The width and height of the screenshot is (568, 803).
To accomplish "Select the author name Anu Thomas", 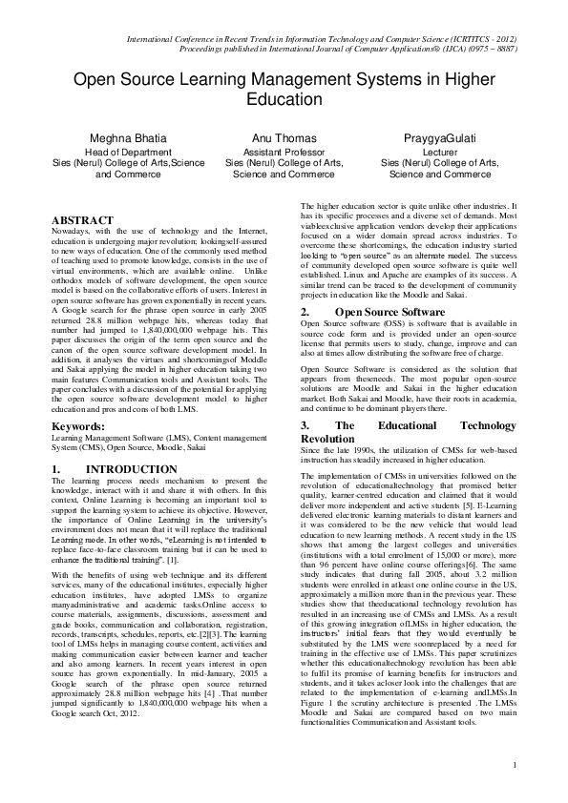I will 284,138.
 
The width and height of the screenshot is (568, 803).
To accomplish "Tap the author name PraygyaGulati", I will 438,138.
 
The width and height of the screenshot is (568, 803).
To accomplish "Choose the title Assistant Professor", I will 284,152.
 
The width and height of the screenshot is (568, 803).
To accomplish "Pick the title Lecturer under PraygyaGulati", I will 438,152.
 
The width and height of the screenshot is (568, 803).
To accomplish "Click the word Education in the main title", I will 284,99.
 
